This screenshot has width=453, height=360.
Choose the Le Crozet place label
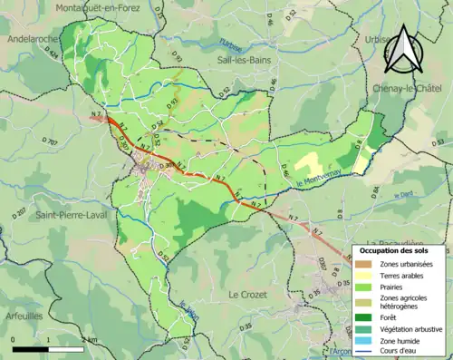246,295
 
